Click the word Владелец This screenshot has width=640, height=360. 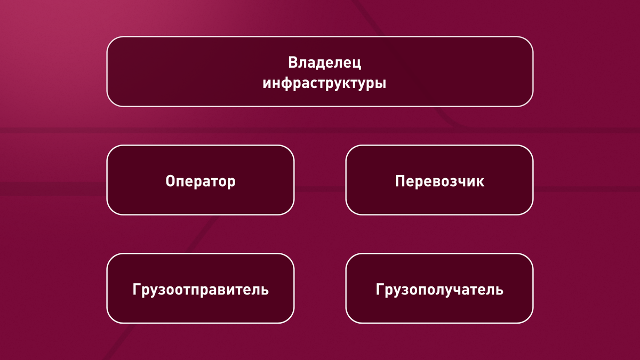tap(325, 63)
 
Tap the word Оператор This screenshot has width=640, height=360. tap(201, 181)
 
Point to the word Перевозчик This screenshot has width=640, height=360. tap(439, 181)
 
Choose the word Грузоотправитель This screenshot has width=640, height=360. tap(201, 290)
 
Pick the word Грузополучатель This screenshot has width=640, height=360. tap(439, 290)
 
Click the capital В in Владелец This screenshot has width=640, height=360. tap(293, 63)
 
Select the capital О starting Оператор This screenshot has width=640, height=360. tap(171, 181)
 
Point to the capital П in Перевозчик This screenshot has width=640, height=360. tap(400, 181)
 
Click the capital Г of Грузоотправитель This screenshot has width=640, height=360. tap(137, 290)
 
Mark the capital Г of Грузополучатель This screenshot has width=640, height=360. tap(380, 290)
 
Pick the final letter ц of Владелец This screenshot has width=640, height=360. tap(357, 64)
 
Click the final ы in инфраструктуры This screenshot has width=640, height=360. tap(380, 85)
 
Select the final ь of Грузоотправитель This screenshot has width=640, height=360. tap(265, 291)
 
